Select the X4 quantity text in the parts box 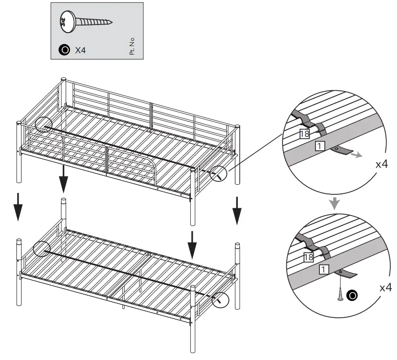[80, 50]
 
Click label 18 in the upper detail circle [304, 134]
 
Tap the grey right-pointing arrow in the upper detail [356, 155]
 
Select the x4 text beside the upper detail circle [381, 164]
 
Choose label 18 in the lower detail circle [309, 258]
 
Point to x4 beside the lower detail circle [385, 288]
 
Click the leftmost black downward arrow [18, 206]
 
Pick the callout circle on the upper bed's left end [42, 125]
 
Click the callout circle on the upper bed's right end [219, 174]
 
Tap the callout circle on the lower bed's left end [42, 249]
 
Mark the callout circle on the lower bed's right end [220, 300]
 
